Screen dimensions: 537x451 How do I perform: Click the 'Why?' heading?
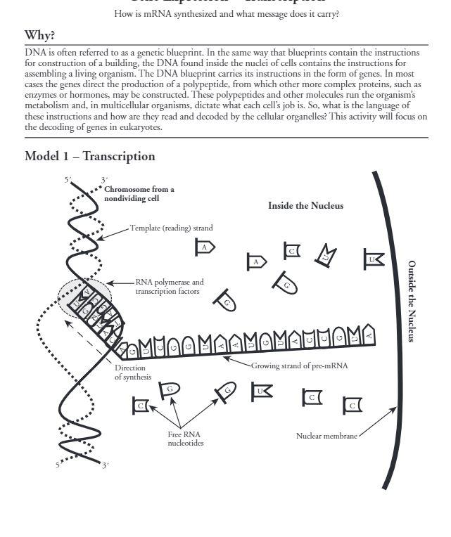click(x=40, y=35)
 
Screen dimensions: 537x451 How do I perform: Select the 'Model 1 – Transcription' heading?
click(x=89, y=156)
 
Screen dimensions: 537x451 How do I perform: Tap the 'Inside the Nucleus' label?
click(x=305, y=205)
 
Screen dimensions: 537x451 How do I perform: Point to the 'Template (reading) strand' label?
click(x=171, y=228)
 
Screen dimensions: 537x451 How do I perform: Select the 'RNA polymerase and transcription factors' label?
click(x=170, y=286)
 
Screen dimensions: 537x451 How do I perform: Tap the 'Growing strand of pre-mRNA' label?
click(x=299, y=365)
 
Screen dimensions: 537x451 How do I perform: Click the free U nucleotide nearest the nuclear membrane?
click(x=374, y=259)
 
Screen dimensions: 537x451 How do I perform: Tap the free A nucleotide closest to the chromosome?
click(x=205, y=247)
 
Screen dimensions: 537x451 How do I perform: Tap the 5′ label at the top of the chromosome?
click(x=68, y=180)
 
